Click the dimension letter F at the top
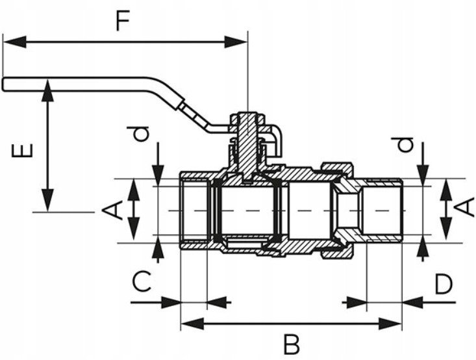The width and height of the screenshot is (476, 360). click(x=123, y=21)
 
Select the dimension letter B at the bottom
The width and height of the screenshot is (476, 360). click(x=292, y=344)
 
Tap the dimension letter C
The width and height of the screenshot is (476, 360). click(x=142, y=281)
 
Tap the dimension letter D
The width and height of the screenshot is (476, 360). click(x=444, y=285)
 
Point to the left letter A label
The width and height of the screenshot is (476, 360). click(x=112, y=211)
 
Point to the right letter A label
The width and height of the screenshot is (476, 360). click(x=464, y=207)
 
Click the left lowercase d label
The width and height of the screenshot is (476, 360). click(x=138, y=134)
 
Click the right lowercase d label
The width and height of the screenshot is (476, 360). click(x=403, y=144)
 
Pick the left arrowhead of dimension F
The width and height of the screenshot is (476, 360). click(x=14, y=42)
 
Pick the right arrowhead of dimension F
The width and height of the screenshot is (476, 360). click(x=236, y=42)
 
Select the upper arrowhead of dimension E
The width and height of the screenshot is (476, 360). click(x=47, y=90)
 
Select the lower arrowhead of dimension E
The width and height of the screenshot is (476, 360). click(x=47, y=200)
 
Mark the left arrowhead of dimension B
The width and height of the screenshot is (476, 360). click(x=192, y=324)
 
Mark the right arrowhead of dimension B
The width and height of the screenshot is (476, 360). click(x=390, y=324)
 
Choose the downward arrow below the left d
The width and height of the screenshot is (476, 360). click(x=158, y=175)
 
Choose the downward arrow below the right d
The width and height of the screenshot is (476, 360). click(x=423, y=175)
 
